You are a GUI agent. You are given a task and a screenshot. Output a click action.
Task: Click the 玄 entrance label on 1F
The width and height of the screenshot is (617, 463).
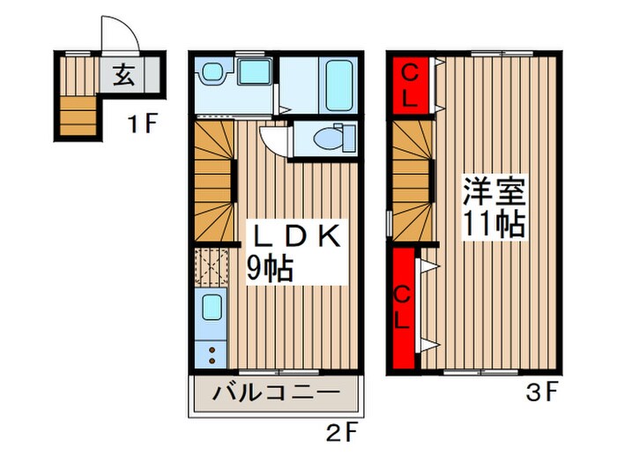click(x=124, y=75)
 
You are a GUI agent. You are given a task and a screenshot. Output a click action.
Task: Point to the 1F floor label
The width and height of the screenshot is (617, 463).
click(x=140, y=124)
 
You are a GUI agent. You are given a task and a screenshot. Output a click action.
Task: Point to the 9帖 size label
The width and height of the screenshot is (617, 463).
click(x=268, y=268)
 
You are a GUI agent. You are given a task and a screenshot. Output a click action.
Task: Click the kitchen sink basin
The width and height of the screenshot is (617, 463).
click(x=212, y=307)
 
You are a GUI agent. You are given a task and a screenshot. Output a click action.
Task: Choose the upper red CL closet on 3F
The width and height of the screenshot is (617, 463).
click(x=409, y=83)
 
